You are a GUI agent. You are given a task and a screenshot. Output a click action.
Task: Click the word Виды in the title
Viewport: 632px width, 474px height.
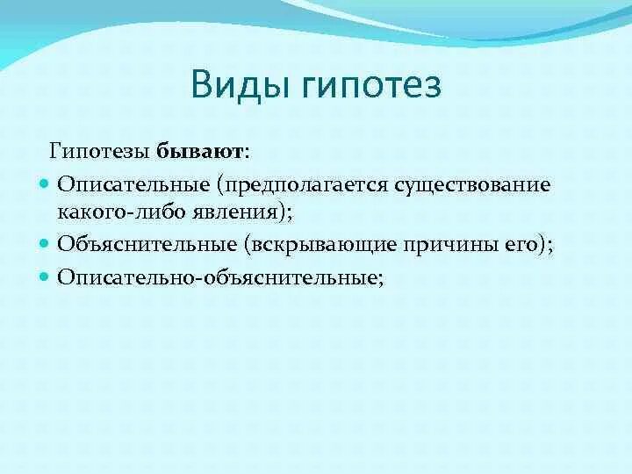click(x=241, y=85)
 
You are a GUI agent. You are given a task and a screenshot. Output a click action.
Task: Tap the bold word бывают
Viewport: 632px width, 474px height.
click(x=199, y=152)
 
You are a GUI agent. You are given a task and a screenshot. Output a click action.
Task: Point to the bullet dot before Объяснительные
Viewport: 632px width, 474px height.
click(x=44, y=244)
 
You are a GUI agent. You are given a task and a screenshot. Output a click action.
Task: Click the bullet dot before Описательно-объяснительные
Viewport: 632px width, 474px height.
click(x=44, y=276)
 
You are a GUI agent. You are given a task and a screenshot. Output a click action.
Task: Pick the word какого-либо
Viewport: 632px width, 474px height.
click(x=123, y=212)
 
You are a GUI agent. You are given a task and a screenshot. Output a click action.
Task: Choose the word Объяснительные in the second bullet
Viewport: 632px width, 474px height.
click(x=147, y=244)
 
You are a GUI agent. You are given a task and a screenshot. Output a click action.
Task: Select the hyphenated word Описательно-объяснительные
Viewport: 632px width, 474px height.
click(x=218, y=277)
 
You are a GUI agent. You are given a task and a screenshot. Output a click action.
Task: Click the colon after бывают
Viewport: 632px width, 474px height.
click(x=247, y=154)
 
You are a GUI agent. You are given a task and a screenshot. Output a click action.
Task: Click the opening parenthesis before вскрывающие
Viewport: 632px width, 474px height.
click(x=247, y=245)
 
